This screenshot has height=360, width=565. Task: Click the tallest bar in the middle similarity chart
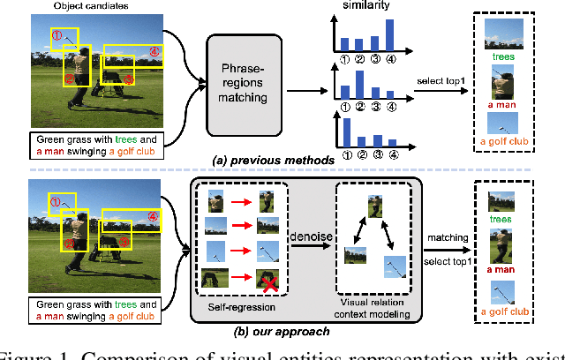(361, 86)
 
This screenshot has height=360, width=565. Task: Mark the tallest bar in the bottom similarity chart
(343, 129)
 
